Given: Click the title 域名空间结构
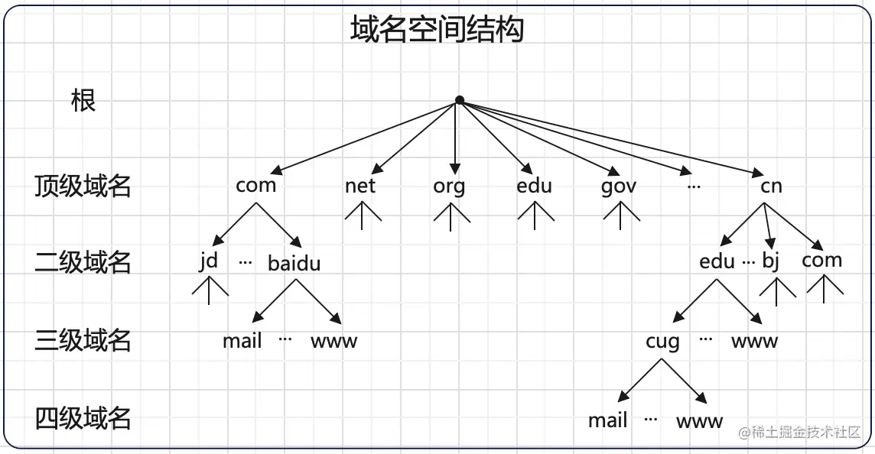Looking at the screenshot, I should (x=437, y=30).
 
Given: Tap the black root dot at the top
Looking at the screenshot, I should (x=459, y=100).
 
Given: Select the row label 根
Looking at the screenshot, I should (x=83, y=100).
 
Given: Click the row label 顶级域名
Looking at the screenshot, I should (x=83, y=186).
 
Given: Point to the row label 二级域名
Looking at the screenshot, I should (x=83, y=262).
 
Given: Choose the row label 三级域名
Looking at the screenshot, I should (x=83, y=340).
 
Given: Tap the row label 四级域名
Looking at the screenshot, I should (x=83, y=418).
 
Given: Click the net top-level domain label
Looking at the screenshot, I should (x=360, y=186).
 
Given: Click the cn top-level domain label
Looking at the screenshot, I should (x=771, y=186).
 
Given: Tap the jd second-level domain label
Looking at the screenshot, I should (x=208, y=261).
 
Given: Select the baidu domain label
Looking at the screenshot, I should (x=294, y=263).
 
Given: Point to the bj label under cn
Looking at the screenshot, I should (x=770, y=261).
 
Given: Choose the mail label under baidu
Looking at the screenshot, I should (x=242, y=340).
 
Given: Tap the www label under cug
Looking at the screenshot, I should (x=699, y=420).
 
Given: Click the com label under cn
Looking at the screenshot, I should (x=822, y=261).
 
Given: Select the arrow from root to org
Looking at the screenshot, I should (x=457, y=138).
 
